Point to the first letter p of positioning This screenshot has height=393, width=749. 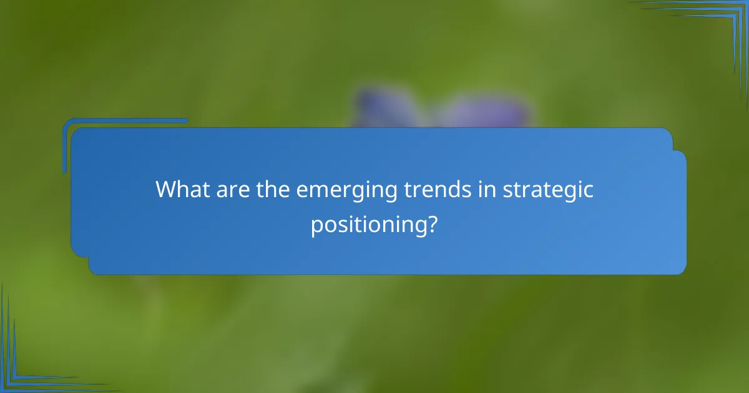316,226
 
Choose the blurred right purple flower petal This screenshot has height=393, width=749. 487,112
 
